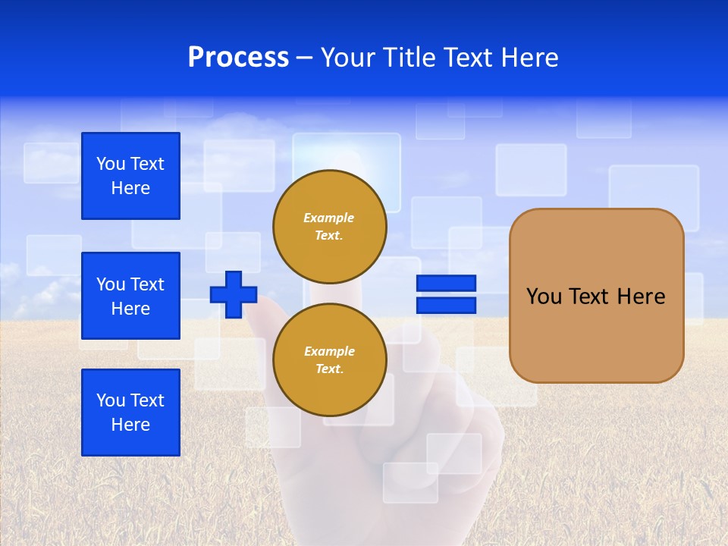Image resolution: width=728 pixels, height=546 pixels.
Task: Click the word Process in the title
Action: pyautogui.click(x=238, y=58)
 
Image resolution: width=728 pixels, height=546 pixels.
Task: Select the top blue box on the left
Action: pyautogui.click(x=130, y=176)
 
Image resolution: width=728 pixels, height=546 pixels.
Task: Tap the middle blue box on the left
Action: pyautogui.click(x=130, y=296)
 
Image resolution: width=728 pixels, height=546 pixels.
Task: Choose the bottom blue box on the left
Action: pyautogui.click(x=130, y=413)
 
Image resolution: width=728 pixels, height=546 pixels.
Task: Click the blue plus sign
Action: pyautogui.click(x=234, y=294)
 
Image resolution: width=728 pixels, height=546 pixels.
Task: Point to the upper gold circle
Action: pyautogui.click(x=329, y=227)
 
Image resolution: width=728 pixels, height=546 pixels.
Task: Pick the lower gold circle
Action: pyautogui.click(x=329, y=360)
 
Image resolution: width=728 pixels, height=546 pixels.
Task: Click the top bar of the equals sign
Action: pyautogui.click(x=446, y=284)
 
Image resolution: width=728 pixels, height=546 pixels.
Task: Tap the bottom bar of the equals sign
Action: pyautogui.click(x=446, y=305)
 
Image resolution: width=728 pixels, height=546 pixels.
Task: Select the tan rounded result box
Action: pyautogui.click(x=596, y=334)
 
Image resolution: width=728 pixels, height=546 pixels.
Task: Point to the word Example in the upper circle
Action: pyautogui.click(x=328, y=218)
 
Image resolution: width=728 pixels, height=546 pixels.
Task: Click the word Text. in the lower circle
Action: pyautogui.click(x=328, y=369)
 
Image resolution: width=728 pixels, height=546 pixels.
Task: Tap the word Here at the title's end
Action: pyautogui.click(x=529, y=58)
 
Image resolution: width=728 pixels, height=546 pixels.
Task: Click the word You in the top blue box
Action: pyautogui.click(x=110, y=164)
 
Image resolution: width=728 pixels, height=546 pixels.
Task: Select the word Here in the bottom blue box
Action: pyautogui.click(x=130, y=425)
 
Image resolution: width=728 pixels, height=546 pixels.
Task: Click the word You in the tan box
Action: pyautogui.click(x=544, y=297)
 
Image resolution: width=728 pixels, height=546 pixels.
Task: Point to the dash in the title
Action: pyautogui.click(x=305, y=58)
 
